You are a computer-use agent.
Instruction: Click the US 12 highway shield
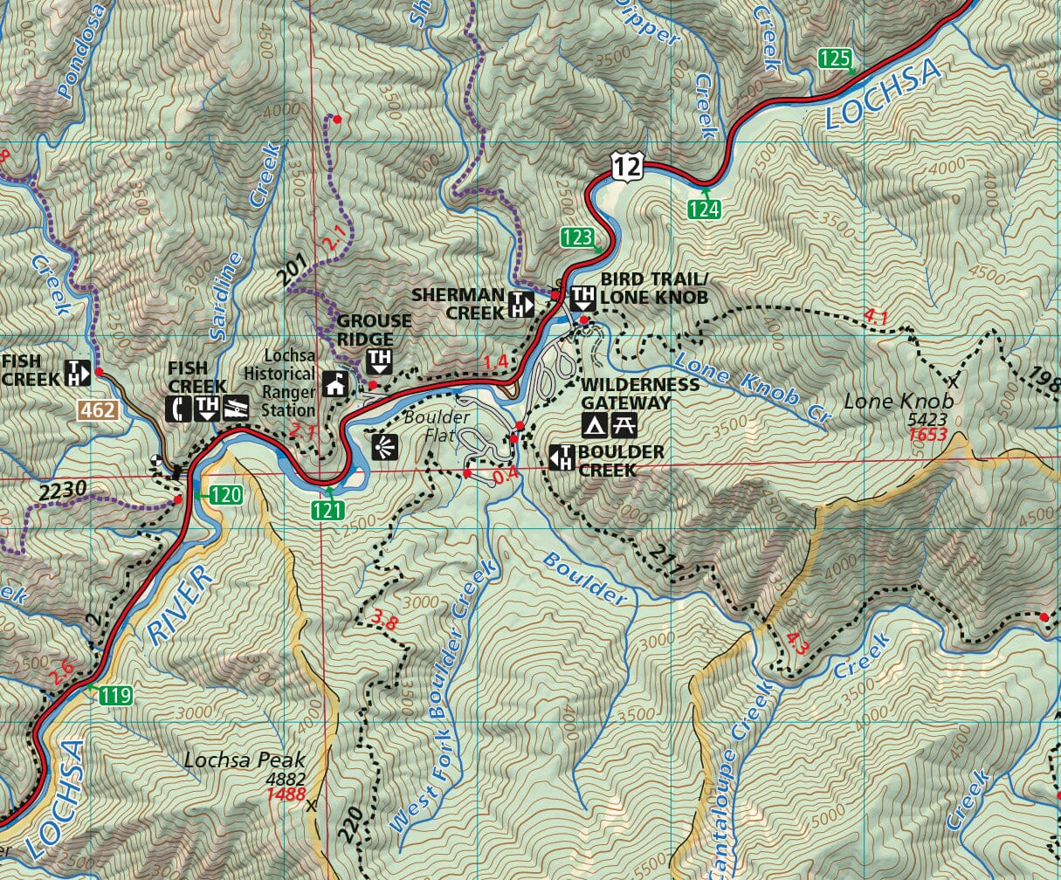[x=627, y=164]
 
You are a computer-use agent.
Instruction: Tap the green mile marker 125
[x=835, y=58]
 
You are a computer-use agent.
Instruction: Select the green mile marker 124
[x=703, y=210]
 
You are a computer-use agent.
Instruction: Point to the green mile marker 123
[x=576, y=237]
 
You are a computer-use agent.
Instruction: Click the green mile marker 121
[x=327, y=511]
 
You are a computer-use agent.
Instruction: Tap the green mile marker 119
[x=115, y=696]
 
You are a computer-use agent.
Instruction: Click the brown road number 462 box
[x=97, y=409]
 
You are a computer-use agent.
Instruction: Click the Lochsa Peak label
[x=245, y=760]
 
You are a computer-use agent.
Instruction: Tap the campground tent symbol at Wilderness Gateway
[x=595, y=425]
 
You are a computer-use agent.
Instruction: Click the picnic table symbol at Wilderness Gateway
[x=625, y=425]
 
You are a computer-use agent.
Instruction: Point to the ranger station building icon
[x=335, y=384]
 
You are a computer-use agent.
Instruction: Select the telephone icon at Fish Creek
[x=180, y=407]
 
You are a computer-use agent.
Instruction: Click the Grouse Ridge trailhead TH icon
[x=380, y=360]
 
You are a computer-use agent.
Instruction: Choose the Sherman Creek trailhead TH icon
[x=521, y=305]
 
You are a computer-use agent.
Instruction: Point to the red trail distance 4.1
[x=875, y=318]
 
